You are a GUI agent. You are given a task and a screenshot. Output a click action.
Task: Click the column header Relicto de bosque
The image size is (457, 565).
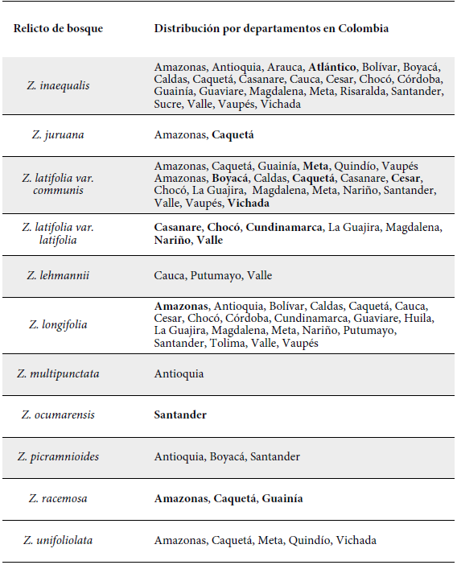point(58,29)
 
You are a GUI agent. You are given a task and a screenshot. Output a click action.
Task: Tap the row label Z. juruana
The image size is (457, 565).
point(58,134)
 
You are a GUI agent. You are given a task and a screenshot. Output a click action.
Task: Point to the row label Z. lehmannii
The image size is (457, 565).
point(58,275)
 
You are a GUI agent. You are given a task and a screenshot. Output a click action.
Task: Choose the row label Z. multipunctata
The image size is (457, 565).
point(58,373)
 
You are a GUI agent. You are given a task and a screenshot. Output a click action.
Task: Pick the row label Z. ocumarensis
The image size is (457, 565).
point(58,415)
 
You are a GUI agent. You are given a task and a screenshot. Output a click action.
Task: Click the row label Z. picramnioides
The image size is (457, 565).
point(58,456)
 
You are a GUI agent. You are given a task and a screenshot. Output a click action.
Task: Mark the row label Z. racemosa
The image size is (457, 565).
point(58,499)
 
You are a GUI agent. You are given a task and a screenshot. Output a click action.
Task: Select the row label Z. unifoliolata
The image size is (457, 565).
point(58,540)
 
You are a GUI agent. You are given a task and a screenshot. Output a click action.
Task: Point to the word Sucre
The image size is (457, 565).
point(169,105)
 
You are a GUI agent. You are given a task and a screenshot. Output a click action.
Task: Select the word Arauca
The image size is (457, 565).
point(285,66)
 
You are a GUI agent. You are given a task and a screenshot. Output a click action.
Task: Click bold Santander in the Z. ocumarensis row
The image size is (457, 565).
point(180,415)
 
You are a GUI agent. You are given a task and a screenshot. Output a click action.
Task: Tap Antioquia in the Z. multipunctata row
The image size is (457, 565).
point(179,373)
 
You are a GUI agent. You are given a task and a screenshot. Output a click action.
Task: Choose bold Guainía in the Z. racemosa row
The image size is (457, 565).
point(282,499)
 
